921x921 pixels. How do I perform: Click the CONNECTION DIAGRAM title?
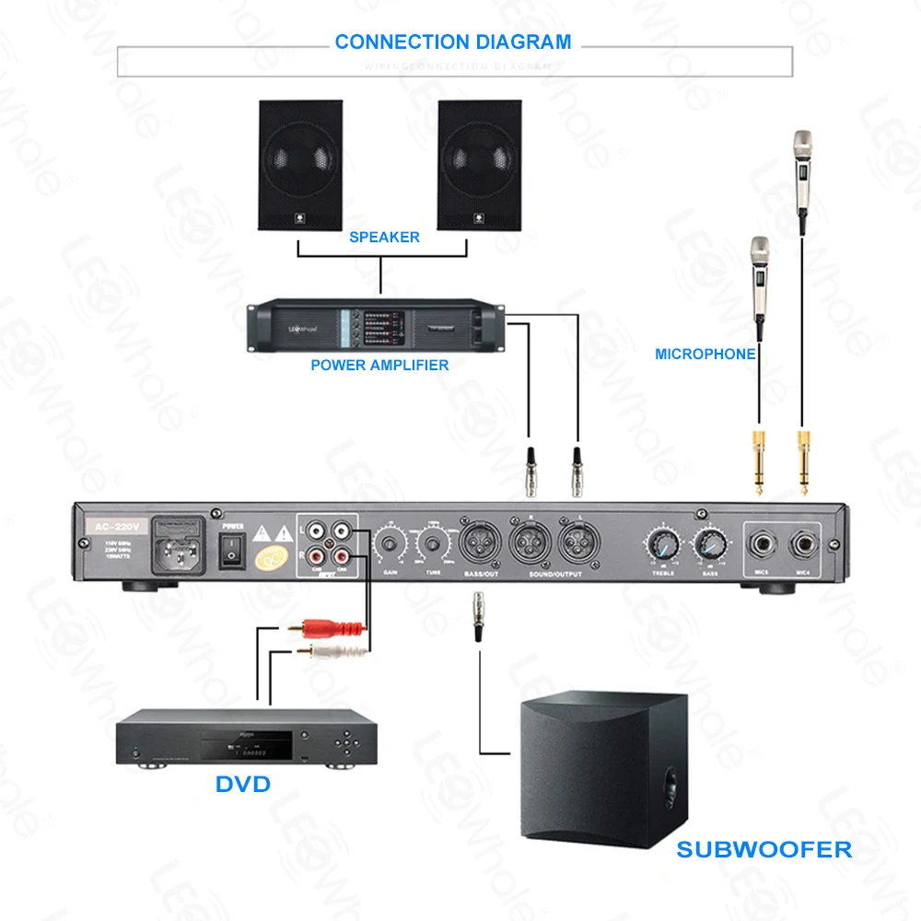[452, 42]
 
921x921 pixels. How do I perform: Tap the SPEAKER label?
[384, 238]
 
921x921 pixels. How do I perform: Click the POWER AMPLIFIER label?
[379, 366]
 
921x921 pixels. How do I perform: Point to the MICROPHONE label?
[705, 354]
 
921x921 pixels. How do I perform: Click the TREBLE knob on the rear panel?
[662, 544]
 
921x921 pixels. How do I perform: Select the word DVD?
[243, 784]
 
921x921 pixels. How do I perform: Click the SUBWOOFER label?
[764, 848]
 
